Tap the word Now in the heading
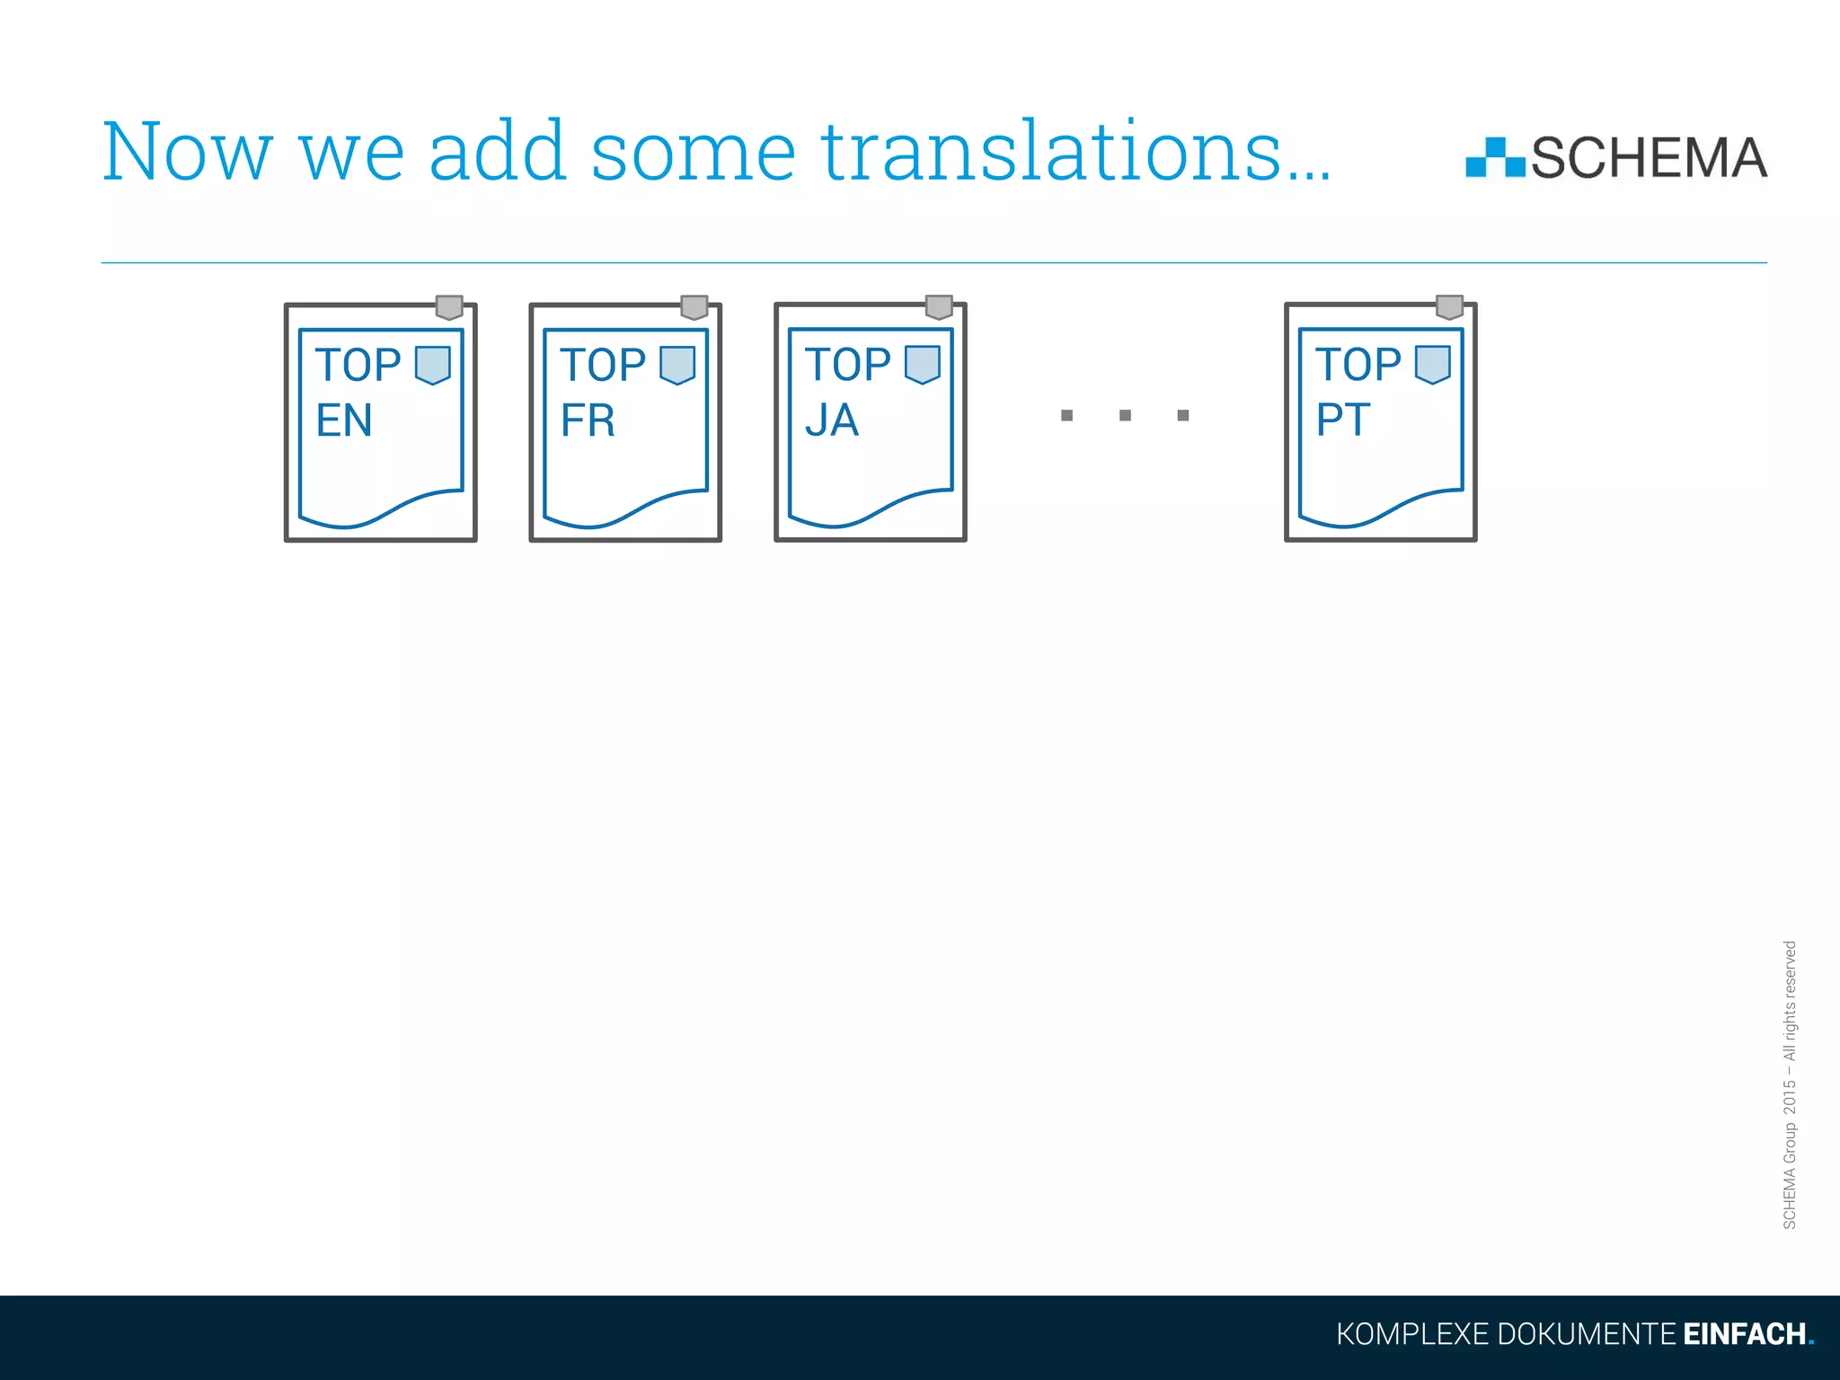coord(187,153)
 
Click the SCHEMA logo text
coord(1649,159)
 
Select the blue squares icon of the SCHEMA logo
coord(1494,158)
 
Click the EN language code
coord(343,420)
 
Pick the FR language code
coord(588,420)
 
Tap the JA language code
coord(832,420)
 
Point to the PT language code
coord(1343,420)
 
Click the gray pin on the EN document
coord(449,307)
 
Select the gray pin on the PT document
coord(1449,307)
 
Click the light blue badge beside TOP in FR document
coord(677,365)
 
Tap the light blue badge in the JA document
coord(922,364)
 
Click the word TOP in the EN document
coord(358,366)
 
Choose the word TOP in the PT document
coord(1358,365)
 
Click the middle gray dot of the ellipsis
coord(1125,415)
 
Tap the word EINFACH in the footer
coord(1743,1334)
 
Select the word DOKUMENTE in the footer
coord(1586,1334)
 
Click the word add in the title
coord(497,153)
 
